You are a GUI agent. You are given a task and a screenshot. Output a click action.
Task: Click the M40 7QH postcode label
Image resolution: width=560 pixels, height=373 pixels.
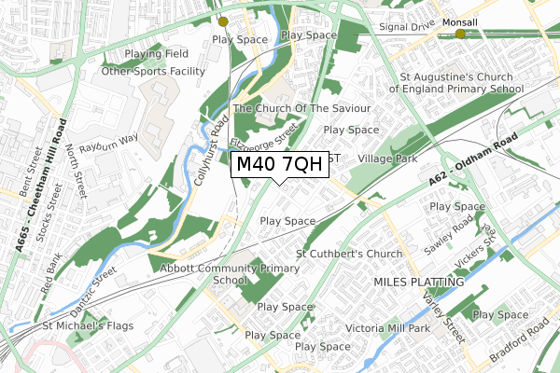tap(279, 165)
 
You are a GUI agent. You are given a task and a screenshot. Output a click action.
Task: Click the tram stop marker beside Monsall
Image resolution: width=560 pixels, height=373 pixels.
tap(460, 35)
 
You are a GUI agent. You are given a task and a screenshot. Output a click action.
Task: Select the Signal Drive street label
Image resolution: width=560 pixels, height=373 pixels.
tap(409, 27)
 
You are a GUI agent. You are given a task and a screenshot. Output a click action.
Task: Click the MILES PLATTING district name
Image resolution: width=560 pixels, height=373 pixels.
tap(418, 281)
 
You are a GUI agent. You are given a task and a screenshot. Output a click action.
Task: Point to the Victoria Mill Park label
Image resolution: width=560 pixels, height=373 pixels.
tap(387, 328)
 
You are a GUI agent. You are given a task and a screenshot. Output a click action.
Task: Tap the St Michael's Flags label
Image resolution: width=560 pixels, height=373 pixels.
tap(87, 326)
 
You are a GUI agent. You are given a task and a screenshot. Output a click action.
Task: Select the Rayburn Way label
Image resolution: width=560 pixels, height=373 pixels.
tap(109, 138)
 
